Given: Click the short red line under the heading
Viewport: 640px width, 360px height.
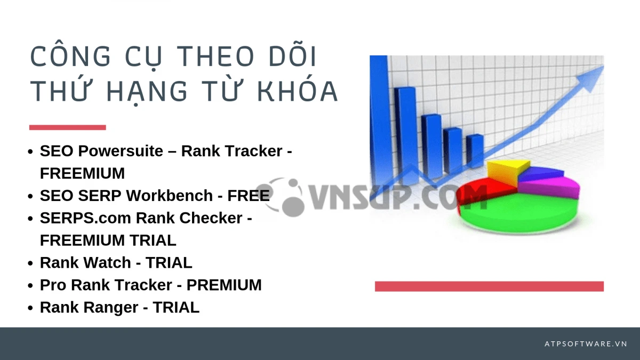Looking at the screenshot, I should [67, 127].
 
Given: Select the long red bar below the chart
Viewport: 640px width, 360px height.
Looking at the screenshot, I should [489, 286].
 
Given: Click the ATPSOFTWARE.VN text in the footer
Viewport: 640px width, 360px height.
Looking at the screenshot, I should [586, 344].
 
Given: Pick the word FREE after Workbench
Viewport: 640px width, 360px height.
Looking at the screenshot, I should [249, 196].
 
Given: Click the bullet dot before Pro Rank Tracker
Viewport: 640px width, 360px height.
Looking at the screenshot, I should [31, 286].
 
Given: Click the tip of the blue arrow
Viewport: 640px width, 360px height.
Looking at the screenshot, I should [601, 69].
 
